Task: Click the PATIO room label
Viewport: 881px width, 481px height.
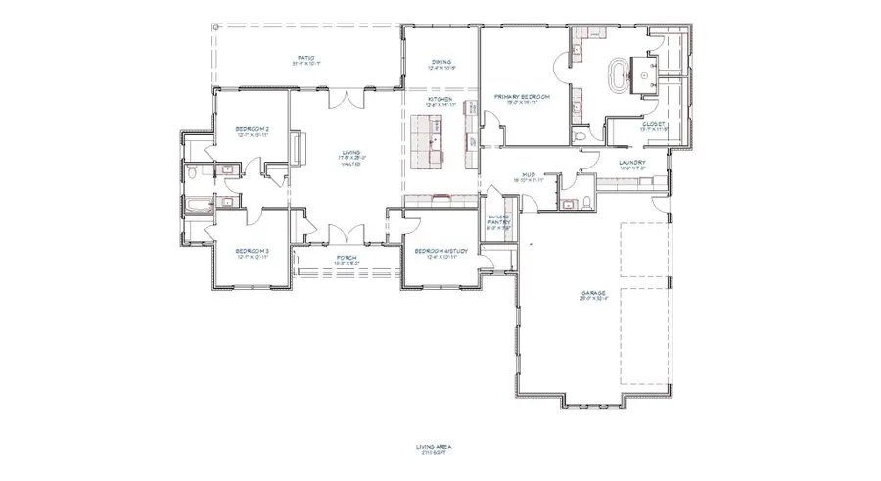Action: click(x=305, y=59)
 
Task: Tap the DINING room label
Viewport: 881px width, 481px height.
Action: click(x=440, y=63)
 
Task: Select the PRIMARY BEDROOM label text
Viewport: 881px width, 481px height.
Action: click(x=522, y=97)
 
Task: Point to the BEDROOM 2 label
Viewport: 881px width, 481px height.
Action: click(x=252, y=130)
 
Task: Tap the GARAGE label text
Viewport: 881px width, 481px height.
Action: click(x=592, y=293)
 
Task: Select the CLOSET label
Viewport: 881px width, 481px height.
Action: click(x=654, y=125)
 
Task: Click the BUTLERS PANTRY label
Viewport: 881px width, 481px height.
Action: click(x=494, y=221)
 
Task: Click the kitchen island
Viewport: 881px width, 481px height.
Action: click(x=428, y=137)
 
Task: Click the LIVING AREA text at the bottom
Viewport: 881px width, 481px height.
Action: click(x=433, y=448)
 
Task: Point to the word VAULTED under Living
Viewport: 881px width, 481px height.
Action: click(x=350, y=164)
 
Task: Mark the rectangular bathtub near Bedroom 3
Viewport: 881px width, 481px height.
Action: click(x=199, y=205)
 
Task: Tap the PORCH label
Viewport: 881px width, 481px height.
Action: click(x=346, y=258)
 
